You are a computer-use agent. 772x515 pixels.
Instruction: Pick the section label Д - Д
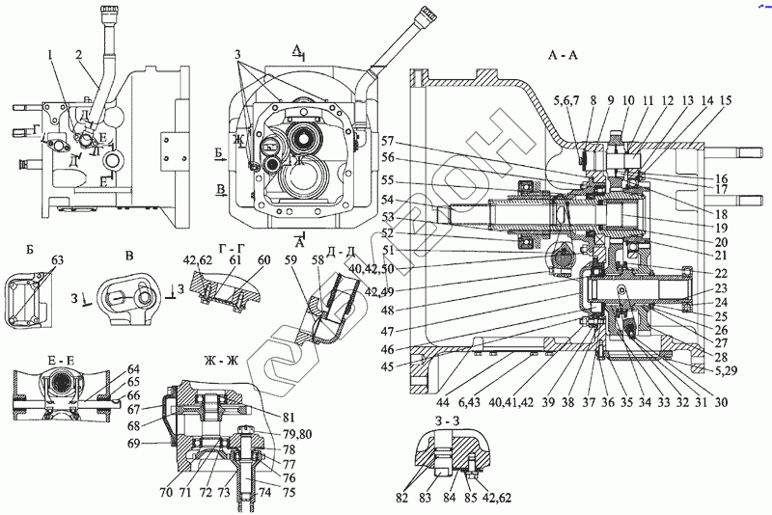tap(343, 253)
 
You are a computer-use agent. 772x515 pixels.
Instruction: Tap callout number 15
tap(725, 101)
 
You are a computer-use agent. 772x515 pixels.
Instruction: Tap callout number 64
tap(132, 369)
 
